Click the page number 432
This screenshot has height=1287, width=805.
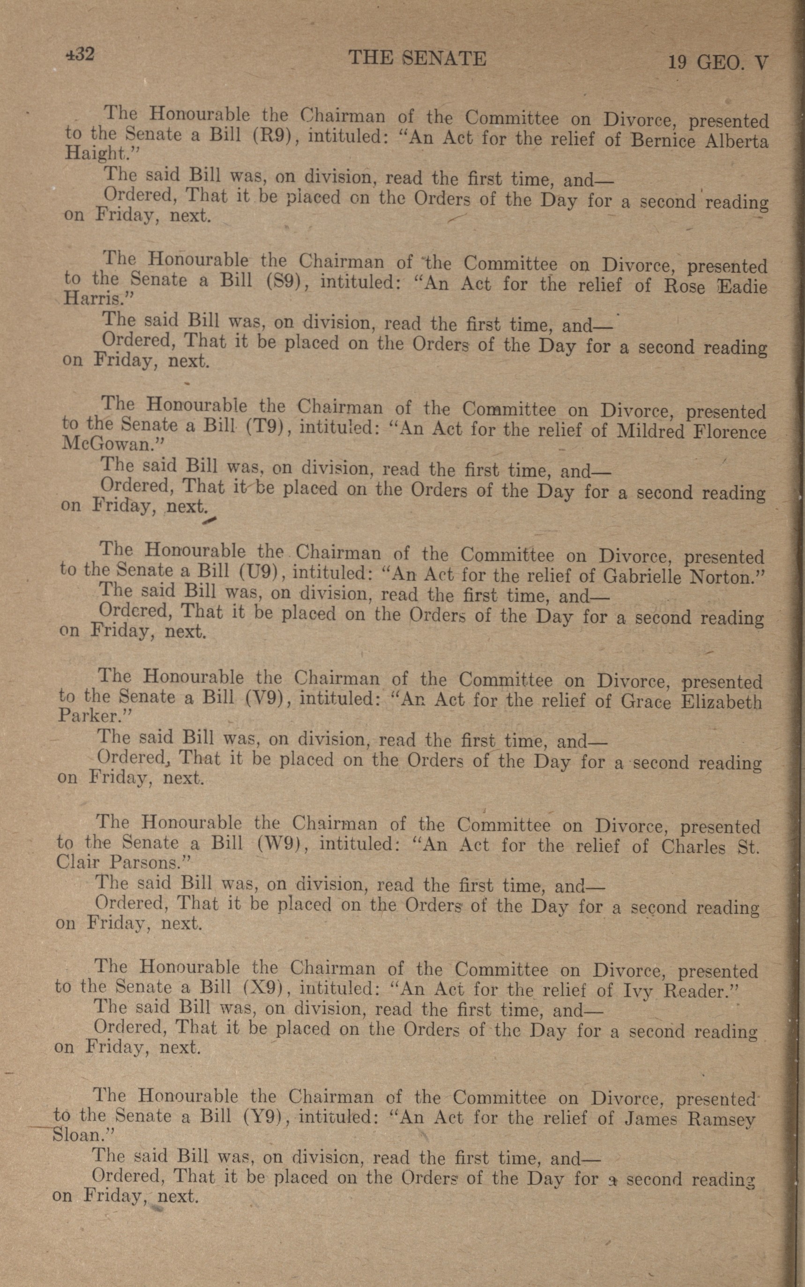click(x=80, y=54)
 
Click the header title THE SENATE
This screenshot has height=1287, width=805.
click(x=417, y=58)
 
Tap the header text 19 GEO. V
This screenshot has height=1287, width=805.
click(x=718, y=63)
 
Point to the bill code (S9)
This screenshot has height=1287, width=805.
click(x=284, y=280)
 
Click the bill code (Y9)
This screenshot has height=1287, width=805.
click(x=265, y=1116)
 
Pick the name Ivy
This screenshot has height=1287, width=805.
click(x=637, y=990)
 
